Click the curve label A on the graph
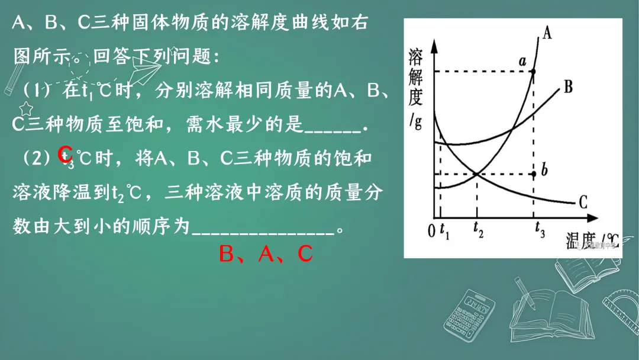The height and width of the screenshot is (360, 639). pos(547,33)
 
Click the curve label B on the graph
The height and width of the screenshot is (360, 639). pos(568,87)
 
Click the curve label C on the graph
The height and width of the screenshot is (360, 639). pos(583,203)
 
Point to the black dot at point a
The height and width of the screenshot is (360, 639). pos(534,72)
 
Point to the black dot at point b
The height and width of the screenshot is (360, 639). pos(534,174)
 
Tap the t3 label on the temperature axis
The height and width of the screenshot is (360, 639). pos(540,232)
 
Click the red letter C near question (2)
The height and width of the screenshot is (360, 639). pos(65,154)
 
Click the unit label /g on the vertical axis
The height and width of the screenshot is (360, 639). pos(415,123)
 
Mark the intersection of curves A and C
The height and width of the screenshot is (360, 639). pos(477,174)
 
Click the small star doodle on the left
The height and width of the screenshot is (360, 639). pos(26,108)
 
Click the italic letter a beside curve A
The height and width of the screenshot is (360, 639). pos(522,60)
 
